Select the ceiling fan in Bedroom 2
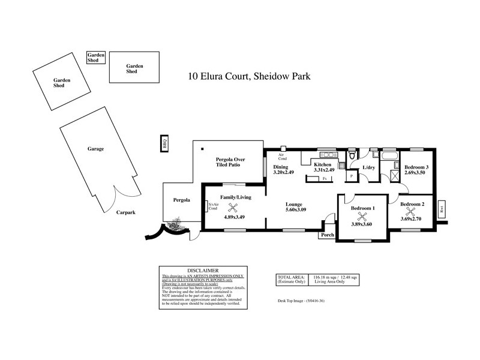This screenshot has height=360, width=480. coord(411,210)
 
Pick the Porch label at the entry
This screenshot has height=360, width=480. coord(328,235)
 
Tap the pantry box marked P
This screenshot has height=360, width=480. coord(351,176)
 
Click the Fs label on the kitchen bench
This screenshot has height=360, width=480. coord(325,179)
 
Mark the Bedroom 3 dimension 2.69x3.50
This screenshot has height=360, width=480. coord(416,172)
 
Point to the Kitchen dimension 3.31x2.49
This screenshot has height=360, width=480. coord(323,170)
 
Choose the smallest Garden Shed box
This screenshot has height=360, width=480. coord(97,58)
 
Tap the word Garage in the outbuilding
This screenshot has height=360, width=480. coord(96,148)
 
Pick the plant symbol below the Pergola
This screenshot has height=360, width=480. coord(175,226)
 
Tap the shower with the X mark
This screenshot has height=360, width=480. coord(395,175)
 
